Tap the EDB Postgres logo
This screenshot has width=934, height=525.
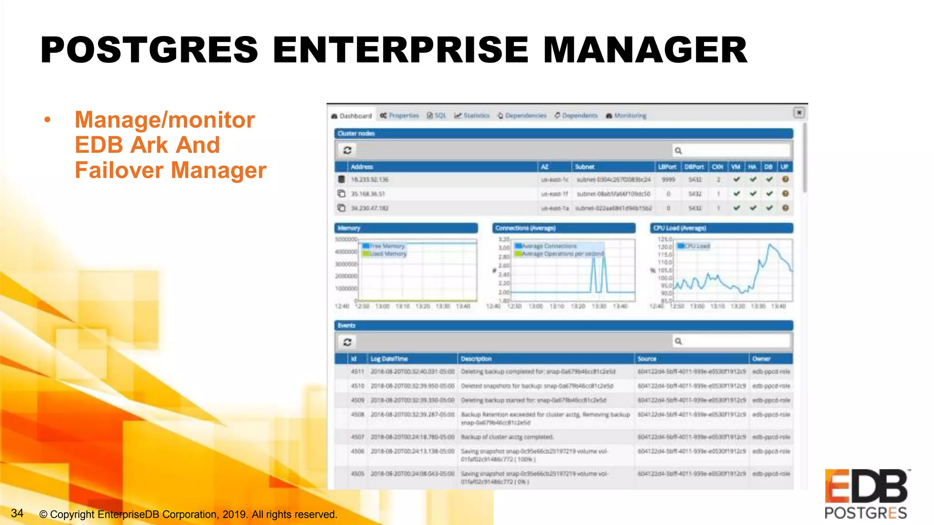(x=866, y=494)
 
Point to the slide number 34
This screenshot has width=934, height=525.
(x=17, y=514)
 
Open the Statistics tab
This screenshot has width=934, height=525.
(x=472, y=116)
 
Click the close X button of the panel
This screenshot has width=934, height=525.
(x=799, y=112)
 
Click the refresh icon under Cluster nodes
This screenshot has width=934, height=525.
(x=347, y=150)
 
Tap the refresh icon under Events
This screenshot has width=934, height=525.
(x=347, y=342)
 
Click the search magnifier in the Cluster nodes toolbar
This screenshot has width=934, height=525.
(x=678, y=150)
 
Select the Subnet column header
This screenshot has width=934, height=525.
(x=585, y=167)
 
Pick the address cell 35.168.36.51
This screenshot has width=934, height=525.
(x=368, y=194)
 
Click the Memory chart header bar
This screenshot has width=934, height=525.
(x=406, y=228)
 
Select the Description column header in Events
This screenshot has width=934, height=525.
(x=476, y=359)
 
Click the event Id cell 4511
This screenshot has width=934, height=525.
(x=357, y=372)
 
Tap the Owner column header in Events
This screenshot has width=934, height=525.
(x=761, y=359)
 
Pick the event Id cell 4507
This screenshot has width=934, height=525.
(x=357, y=437)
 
